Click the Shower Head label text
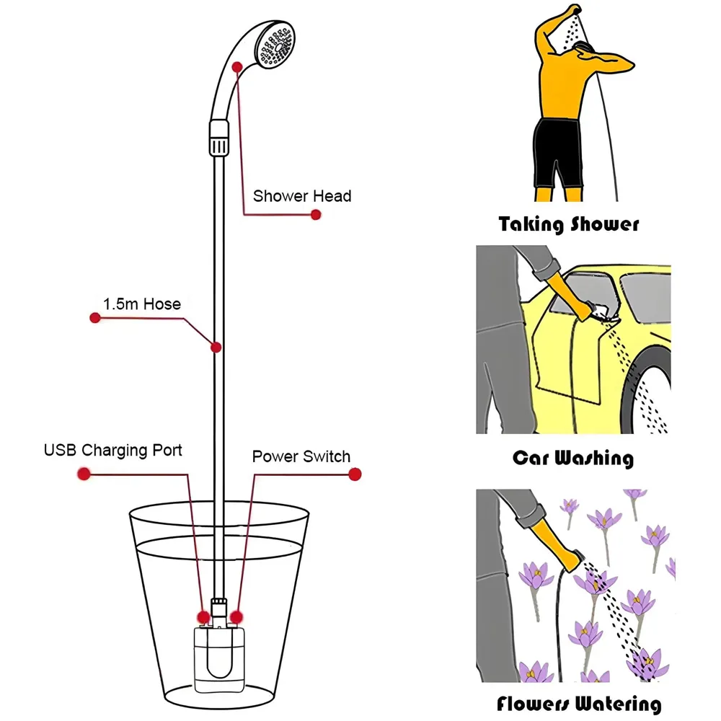click(302, 196)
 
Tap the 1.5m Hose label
click(141, 304)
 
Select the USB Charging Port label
click(113, 451)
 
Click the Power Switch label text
click(301, 456)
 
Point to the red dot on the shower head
click(237, 66)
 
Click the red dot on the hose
click(215, 348)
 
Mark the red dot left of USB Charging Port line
click(84, 474)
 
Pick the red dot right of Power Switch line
click(354, 474)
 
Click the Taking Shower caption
click(568, 224)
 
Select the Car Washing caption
click(572, 458)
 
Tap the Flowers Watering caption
click(578, 704)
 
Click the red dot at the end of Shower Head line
click(315, 214)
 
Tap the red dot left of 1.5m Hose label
click(94, 317)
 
